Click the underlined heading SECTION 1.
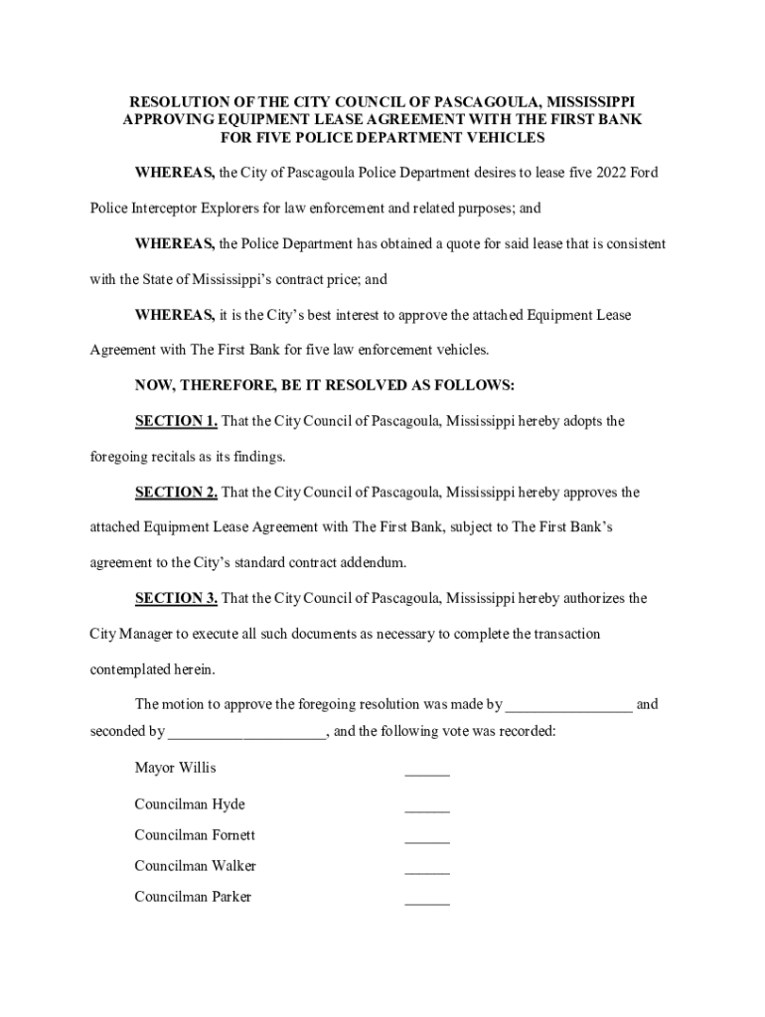[176, 421]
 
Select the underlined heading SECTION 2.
[176, 493]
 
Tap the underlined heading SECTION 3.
[176, 599]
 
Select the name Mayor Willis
[175, 768]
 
